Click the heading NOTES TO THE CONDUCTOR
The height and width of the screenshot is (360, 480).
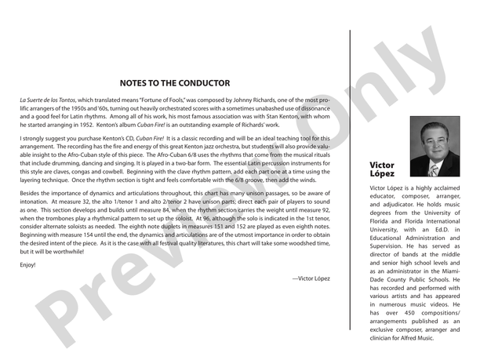pyautogui.click(x=175, y=82)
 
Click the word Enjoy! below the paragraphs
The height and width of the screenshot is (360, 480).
pyautogui.click(x=28, y=264)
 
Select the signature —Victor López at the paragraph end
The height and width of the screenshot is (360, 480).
pyautogui.click(x=311, y=278)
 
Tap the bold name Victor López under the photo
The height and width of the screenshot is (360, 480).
pyautogui.click(x=382, y=169)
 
